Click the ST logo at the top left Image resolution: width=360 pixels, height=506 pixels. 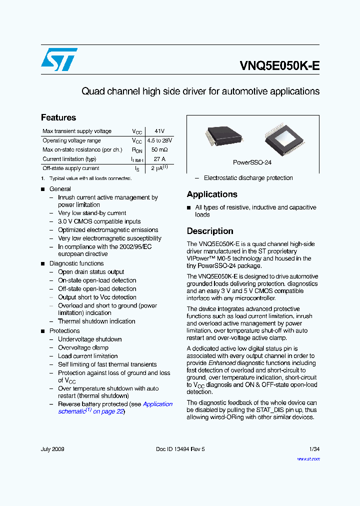(59, 59)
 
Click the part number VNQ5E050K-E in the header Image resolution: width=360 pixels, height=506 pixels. (279, 66)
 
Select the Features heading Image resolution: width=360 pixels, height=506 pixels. (58, 117)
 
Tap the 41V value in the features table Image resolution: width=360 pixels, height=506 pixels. (159, 131)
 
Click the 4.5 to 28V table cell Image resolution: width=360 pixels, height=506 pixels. (159, 140)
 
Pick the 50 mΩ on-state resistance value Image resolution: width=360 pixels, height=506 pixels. (159, 149)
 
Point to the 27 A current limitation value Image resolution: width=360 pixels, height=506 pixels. (159, 159)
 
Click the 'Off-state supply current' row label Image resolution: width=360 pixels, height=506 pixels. (71, 168)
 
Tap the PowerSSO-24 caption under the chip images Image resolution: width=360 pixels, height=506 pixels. (252, 162)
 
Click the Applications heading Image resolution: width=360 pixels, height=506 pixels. (212, 194)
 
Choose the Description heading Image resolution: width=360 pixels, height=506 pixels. (210, 231)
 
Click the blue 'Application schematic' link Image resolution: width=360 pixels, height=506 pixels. (157, 404)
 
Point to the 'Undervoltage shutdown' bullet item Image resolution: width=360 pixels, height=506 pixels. (89, 339)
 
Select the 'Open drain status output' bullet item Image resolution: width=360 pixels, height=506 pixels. (91, 272)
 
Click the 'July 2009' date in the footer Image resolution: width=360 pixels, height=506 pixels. (52, 449)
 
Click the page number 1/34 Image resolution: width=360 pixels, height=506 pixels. (314, 449)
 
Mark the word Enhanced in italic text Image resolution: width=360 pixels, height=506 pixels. (222, 363)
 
